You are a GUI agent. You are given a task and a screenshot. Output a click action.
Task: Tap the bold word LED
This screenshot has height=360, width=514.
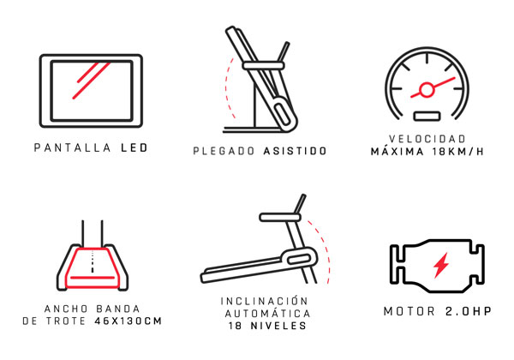(134, 147)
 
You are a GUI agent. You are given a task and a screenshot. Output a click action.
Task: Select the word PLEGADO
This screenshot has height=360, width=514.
(224, 151)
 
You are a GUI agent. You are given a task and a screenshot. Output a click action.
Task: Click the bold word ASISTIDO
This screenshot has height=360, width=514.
(295, 151)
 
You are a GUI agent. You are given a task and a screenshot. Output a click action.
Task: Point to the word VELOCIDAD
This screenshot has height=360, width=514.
(427, 139)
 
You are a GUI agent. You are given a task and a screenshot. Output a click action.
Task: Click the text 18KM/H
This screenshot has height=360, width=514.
(457, 152)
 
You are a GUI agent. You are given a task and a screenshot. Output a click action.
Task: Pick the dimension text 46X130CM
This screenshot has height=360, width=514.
(128, 321)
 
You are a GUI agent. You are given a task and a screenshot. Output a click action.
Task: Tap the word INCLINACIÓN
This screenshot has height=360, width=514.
(264, 301)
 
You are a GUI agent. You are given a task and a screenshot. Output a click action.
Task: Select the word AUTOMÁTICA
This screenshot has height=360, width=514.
(267, 314)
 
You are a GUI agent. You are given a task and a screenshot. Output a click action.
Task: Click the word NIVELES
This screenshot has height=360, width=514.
(278, 326)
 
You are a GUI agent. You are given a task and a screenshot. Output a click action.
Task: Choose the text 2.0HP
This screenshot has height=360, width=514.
(469, 311)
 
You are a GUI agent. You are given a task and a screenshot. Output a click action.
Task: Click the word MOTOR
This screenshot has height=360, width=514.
(409, 311)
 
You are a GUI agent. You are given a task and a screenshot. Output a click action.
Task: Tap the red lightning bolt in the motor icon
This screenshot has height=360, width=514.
(441, 265)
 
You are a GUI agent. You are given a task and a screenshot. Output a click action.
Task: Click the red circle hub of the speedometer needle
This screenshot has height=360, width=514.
(426, 89)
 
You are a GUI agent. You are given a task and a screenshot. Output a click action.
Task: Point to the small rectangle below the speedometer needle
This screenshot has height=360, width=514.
(427, 116)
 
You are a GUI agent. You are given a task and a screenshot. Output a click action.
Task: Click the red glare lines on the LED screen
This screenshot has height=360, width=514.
(90, 81)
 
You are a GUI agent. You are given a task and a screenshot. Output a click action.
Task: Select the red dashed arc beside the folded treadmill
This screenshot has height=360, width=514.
(226, 88)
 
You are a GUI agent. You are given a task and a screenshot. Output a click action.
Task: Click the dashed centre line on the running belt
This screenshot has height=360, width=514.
(93, 261)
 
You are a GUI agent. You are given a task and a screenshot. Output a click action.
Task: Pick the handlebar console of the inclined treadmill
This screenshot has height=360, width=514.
(280, 217)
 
